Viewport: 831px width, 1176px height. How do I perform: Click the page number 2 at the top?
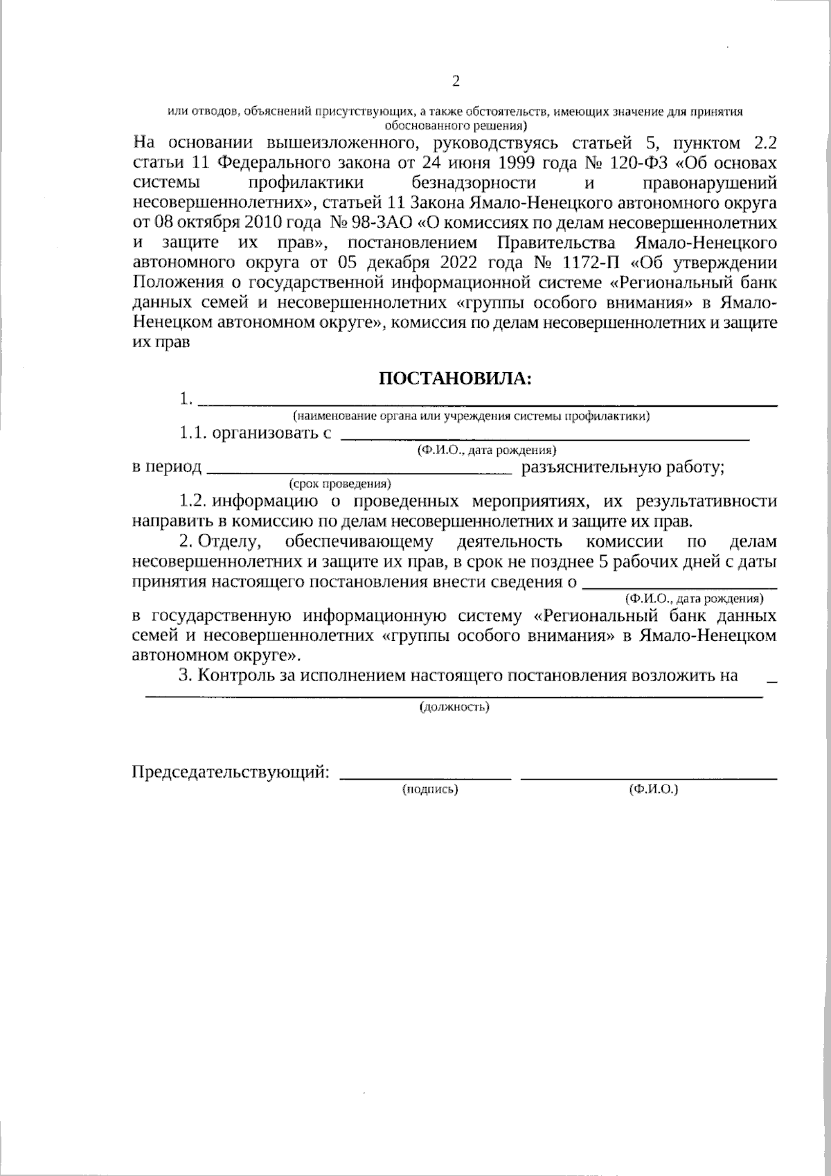[456, 82]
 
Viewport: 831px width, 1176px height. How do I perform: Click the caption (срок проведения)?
[340, 482]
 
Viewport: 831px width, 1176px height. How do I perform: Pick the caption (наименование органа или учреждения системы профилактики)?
[471, 416]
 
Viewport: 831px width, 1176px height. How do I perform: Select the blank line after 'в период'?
[359, 473]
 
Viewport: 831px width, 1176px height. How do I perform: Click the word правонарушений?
[709, 183]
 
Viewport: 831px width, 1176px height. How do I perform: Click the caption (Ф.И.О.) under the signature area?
[653, 789]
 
